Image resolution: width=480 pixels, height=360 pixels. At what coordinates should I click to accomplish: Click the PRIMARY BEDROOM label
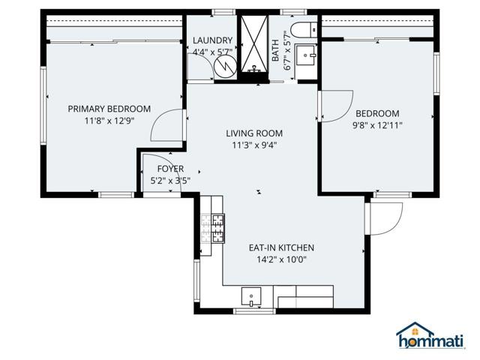[109, 109]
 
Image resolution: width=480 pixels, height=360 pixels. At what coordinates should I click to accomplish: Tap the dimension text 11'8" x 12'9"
[109, 121]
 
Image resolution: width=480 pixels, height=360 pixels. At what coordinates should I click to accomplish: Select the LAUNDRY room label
[212, 40]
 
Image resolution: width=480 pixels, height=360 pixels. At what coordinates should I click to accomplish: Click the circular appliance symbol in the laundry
[223, 66]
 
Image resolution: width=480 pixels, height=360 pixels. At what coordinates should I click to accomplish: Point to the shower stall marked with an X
[256, 46]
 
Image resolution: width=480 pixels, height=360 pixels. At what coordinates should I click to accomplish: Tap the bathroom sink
[304, 56]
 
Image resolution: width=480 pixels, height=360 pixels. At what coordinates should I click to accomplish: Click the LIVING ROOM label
[254, 133]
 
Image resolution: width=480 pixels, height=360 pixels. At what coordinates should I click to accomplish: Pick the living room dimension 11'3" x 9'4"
[254, 145]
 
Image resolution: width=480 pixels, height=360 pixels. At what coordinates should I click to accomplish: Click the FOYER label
[170, 169]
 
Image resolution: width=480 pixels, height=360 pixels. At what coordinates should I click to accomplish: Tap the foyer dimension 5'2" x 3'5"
[170, 181]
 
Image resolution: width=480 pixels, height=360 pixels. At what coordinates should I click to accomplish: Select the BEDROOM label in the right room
[377, 113]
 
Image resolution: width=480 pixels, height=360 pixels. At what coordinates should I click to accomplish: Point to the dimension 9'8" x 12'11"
[377, 125]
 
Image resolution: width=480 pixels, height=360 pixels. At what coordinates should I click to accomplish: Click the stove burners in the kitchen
[213, 229]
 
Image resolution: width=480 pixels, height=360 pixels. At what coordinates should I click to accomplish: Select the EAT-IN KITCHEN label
[281, 247]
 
